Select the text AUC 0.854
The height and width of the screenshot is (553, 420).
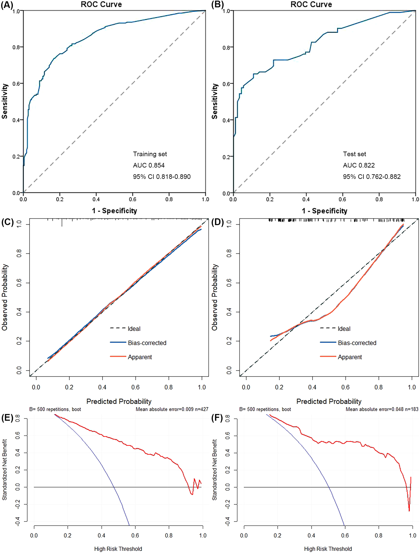pyautogui.click(x=149, y=165)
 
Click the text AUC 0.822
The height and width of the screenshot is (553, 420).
pyautogui.click(x=359, y=165)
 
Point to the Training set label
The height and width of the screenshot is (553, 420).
pyautogui.click(x=150, y=154)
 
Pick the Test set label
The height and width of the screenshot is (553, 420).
pyautogui.click(x=354, y=154)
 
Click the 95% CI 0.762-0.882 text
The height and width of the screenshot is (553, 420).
pyautogui.click(x=372, y=177)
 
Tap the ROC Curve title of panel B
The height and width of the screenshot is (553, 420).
pyautogui.click(x=311, y=4)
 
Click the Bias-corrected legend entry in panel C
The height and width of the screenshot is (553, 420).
pyautogui.click(x=147, y=343)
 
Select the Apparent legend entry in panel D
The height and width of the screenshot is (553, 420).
pyautogui.click(x=349, y=357)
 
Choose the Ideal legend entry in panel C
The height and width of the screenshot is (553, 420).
pyautogui.click(x=134, y=329)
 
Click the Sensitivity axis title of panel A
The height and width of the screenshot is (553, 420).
pyautogui.click(x=5, y=101)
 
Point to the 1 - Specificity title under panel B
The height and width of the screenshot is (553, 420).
pyautogui.click(x=324, y=211)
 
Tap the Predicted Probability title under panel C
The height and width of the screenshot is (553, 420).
pyautogui.click(x=119, y=401)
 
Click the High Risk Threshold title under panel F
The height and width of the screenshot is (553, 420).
pyautogui.click(x=328, y=549)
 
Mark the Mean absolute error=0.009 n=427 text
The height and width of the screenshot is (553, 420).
pyautogui.click(x=172, y=409)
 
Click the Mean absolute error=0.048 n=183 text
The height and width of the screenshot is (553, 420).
pyautogui.click(x=382, y=409)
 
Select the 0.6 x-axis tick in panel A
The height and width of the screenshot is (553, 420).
pyautogui.click(x=132, y=199)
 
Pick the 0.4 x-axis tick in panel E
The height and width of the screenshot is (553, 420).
pyautogui.click(x=101, y=536)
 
